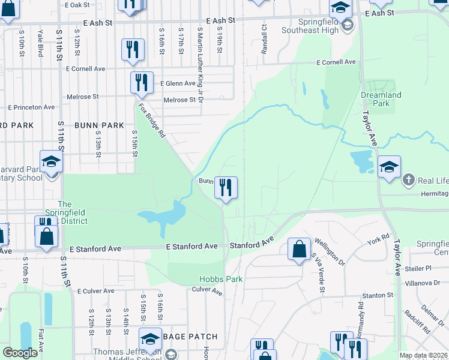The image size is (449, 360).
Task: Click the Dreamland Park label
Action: click(x=381, y=99)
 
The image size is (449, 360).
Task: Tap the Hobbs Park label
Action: click(x=221, y=279)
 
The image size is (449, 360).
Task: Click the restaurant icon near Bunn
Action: click(x=226, y=188)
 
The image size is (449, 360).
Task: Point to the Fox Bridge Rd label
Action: click(x=151, y=121)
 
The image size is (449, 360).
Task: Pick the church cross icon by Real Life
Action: click(x=408, y=179)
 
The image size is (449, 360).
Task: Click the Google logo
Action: click(x=20, y=353)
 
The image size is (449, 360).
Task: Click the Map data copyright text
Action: click(x=423, y=355)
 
